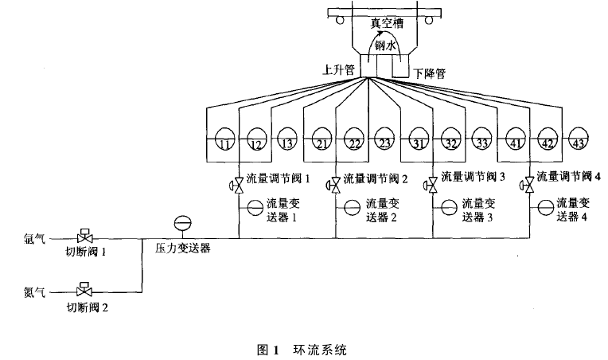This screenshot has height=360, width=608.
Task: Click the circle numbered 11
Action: pyautogui.click(x=224, y=139)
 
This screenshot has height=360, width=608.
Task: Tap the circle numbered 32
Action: pyautogui.click(x=450, y=139)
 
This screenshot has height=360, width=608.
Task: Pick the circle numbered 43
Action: pyautogui.click(x=579, y=139)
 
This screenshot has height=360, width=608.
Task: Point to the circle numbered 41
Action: pyautogui.click(x=514, y=139)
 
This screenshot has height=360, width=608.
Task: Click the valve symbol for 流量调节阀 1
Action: pyautogui.click(x=239, y=186)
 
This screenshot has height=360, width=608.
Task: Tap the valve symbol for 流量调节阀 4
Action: pyautogui.click(x=527, y=186)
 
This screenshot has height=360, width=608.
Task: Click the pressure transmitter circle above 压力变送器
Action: pyautogui.click(x=181, y=224)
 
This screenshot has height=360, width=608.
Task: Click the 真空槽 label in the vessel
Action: pyautogui.click(x=387, y=24)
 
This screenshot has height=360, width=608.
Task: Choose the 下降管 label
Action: pyautogui.click(x=429, y=73)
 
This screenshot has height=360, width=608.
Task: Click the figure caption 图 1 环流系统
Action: pyautogui.click(x=304, y=348)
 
